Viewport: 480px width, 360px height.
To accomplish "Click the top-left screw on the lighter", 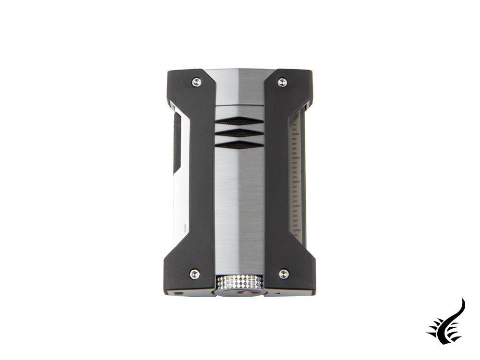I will [196, 82].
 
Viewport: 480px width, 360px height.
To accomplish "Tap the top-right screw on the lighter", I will [283, 82].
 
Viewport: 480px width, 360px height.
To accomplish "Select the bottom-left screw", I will [194, 274].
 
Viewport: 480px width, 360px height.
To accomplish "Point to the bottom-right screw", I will [284, 274].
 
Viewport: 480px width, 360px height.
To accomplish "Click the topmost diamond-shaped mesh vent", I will [240, 121].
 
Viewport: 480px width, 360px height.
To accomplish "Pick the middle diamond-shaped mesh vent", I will [240, 133].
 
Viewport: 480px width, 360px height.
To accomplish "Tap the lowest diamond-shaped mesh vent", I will [240, 144].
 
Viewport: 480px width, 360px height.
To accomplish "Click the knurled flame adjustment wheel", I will [240, 283].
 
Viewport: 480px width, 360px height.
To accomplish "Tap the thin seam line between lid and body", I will [240, 104].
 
